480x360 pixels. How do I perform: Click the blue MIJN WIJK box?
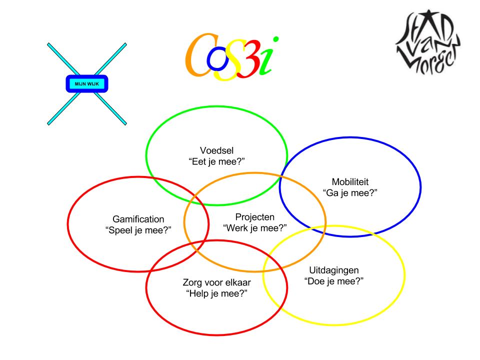(87, 83)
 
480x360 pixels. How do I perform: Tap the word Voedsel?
(216, 151)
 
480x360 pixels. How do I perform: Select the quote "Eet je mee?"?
(216, 162)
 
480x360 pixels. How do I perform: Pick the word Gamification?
(138, 219)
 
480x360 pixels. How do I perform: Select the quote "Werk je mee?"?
(254, 228)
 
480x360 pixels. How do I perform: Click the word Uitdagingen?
(334, 270)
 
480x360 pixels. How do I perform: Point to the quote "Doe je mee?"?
(334, 281)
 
